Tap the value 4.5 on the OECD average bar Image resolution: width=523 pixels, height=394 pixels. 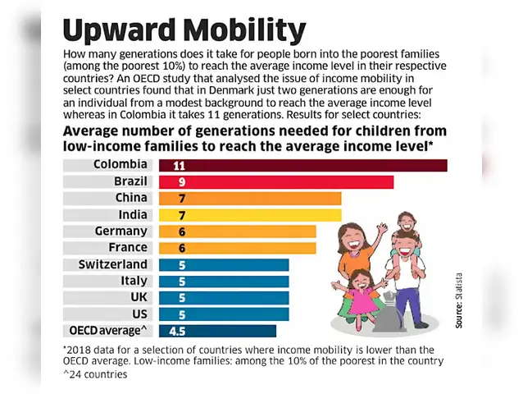176,331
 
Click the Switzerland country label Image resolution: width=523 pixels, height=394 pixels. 113,264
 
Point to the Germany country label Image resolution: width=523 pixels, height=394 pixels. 121,231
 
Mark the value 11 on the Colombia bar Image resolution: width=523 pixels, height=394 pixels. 179,165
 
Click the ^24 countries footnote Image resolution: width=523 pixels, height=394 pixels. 94,375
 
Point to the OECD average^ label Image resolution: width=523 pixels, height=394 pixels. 107,331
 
